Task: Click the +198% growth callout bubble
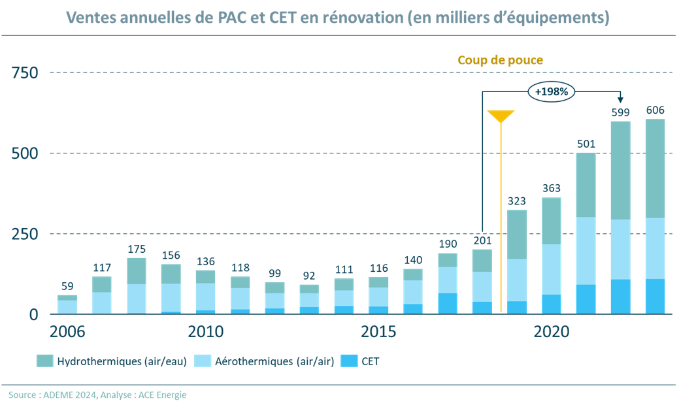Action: [x=551, y=92]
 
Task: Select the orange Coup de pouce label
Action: [x=501, y=60]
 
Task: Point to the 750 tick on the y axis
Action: [x=25, y=73]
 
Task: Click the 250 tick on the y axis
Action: [x=25, y=234]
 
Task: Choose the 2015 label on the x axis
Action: [x=379, y=331]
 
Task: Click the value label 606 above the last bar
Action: [x=655, y=110]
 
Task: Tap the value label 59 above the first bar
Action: [x=67, y=285]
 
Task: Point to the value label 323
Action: [x=517, y=201]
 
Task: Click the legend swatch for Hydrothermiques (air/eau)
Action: [x=44, y=361]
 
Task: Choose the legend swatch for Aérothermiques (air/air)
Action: [x=202, y=361]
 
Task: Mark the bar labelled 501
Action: [x=586, y=233]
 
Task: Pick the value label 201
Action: [x=482, y=240]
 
